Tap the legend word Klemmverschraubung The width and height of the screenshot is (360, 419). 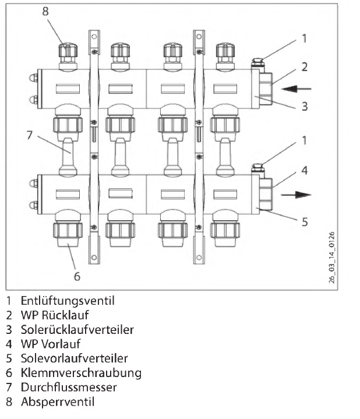point(75,372)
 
